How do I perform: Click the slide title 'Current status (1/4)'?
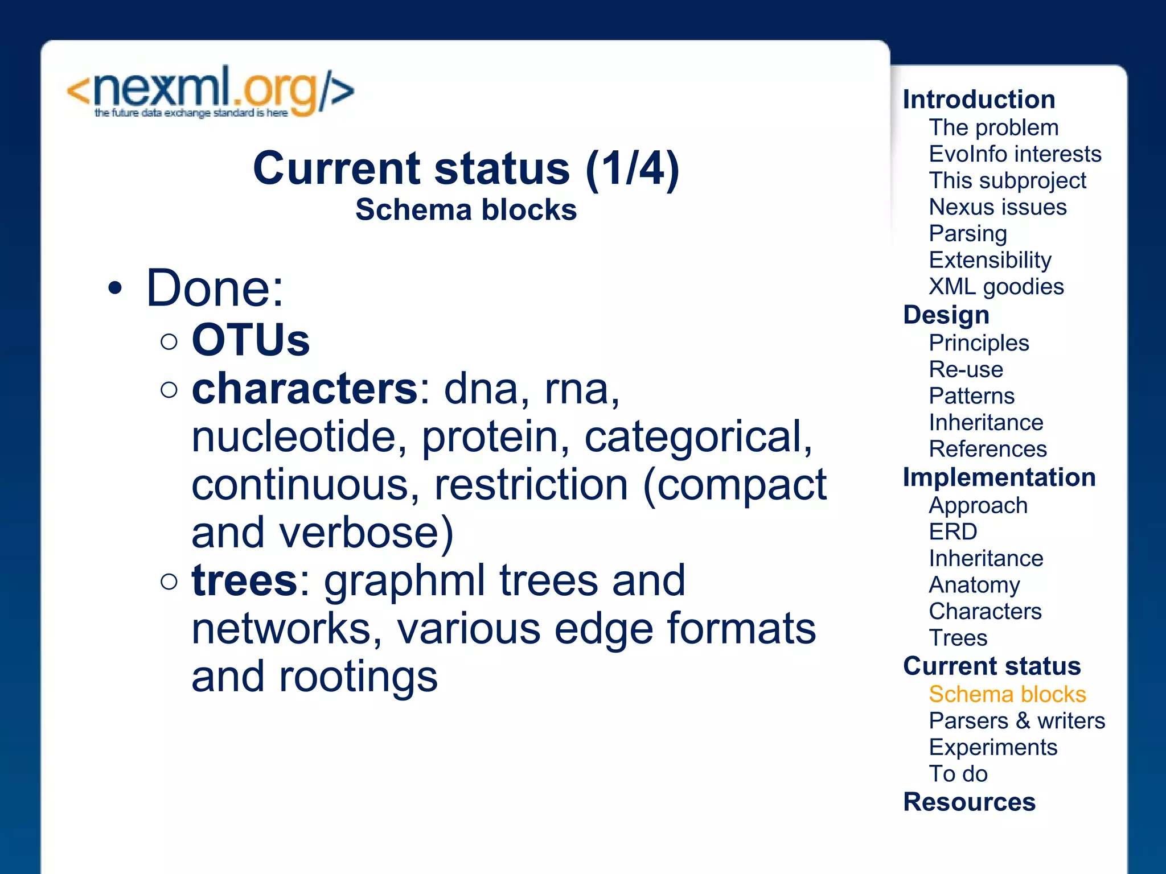click(x=466, y=168)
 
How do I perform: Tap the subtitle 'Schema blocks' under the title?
click(x=466, y=209)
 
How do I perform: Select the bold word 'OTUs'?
click(x=251, y=340)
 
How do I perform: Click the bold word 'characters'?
click(x=305, y=389)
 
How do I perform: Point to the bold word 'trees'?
click(x=245, y=580)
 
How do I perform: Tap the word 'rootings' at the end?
click(x=358, y=677)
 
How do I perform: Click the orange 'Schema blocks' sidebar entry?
click(x=1007, y=694)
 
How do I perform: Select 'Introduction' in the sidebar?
click(x=979, y=100)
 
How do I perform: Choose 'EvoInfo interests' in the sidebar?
click(x=1015, y=154)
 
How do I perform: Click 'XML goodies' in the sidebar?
click(x=996, y=287)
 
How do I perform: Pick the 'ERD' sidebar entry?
click(x=952, y=532)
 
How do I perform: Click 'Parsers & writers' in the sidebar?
click(x=1016, y=721)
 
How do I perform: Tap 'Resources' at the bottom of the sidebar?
click(x=969, y=802)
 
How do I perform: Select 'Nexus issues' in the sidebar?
click(x=997, y=207)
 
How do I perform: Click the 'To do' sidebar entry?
click(x=958, y=774)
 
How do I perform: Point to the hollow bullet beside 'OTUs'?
click(x=169, y=341)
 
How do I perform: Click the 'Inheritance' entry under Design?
click(x=986, y=423)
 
